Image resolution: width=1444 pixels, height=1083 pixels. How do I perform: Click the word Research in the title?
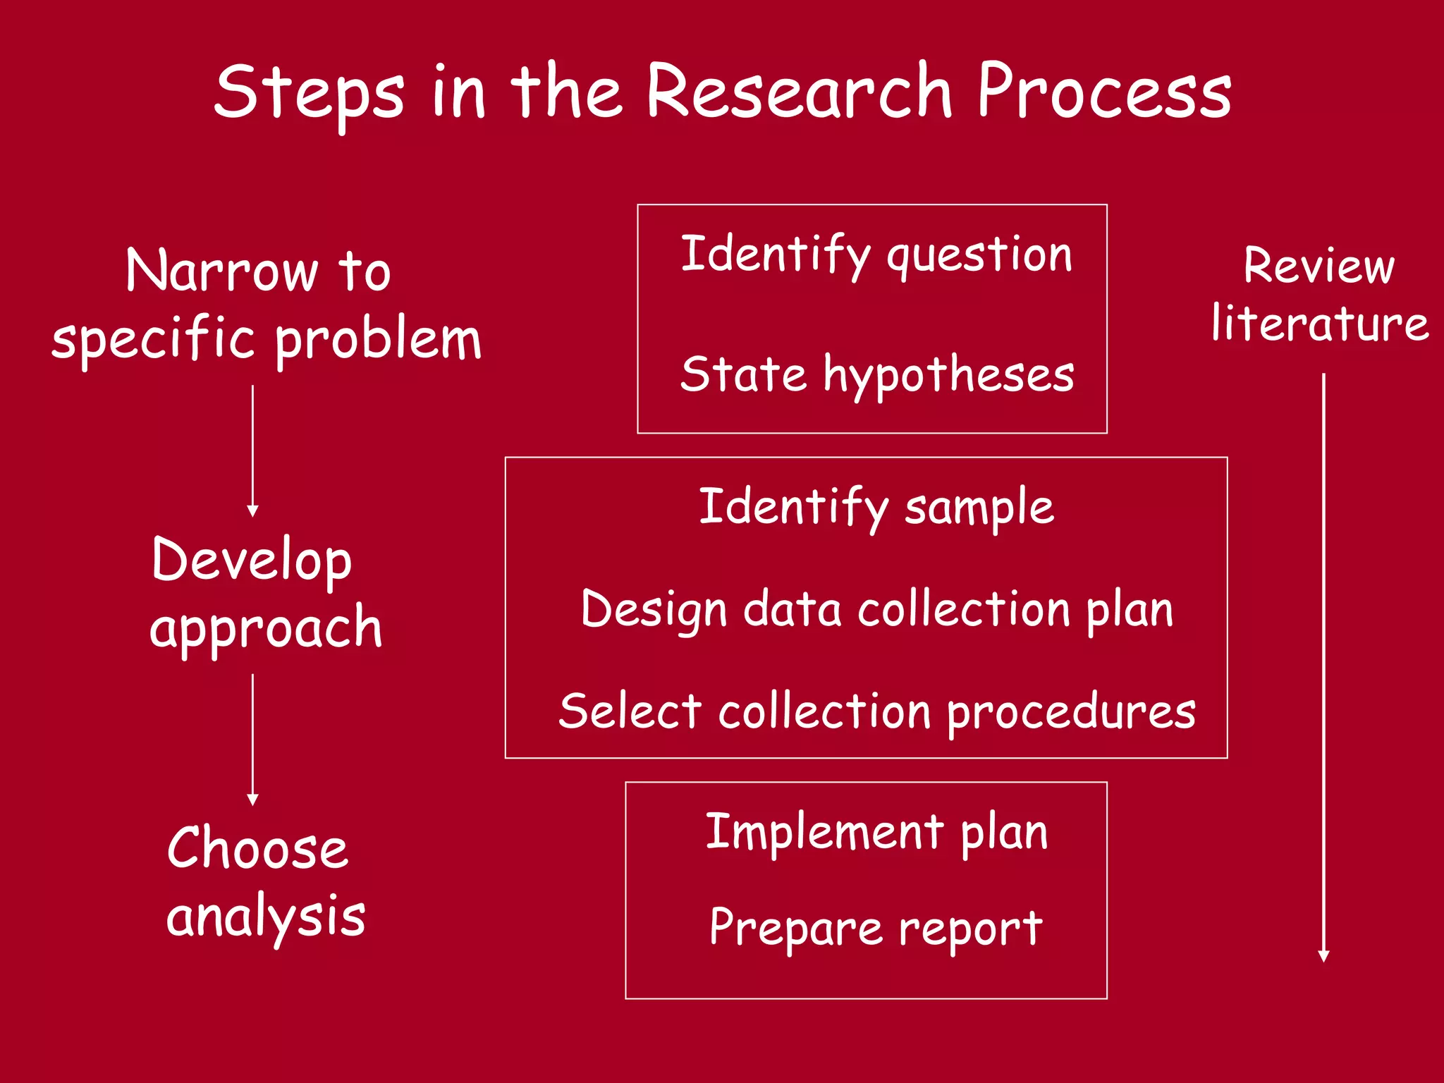(x=800, y=92)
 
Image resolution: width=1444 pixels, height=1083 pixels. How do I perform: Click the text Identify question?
(x=876, y=255)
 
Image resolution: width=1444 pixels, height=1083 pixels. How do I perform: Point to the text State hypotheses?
(x=877, y=375)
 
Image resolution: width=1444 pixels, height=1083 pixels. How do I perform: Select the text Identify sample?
(x=876, y=508)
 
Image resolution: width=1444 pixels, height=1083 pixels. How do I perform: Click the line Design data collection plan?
(x=877, y=610)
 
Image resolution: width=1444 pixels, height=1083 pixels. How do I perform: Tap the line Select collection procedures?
(x=877, y=711)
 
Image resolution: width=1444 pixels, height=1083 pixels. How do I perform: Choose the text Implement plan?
(x=876, y=833)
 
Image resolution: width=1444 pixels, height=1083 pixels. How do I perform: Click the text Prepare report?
(x=876, y=927)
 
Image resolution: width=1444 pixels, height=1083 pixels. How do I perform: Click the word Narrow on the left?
(x=222, y=271)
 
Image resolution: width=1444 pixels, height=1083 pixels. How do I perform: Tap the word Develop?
(x=252, y=561)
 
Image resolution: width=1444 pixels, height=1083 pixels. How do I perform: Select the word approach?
(x=266, y=628)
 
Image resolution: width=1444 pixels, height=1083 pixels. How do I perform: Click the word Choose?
(x=257, y=848)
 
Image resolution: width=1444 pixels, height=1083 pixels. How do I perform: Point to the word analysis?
(x=266, y=917)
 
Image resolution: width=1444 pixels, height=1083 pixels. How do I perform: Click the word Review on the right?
(x=1319, y=267)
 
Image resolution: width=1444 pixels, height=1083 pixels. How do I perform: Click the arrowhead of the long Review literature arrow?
(x=1323, y=956)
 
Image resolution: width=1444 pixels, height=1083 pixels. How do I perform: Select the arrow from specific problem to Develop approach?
(x=252, y=451)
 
